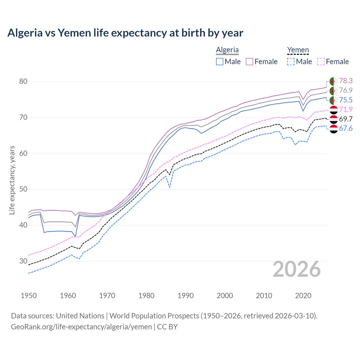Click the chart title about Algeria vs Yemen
[x=125, y=33]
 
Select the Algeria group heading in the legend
[x=227, y=50]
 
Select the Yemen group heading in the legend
[x=298, y=50]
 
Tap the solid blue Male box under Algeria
[x=220, y=62]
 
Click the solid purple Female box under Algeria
[x=249, y=62]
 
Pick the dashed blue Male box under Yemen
[x=291, y=62]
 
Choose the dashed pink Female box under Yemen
[x=321, y=62]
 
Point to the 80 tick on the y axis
[x=23, y=82]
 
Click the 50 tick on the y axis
[x=23, y=189]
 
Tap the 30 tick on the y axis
[x=23, y=261]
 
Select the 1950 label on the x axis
[x=29, y=296]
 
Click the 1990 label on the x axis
[x=186, y=296]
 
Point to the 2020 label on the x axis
[x=303, y=296]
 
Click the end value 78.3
[x=346, y=81]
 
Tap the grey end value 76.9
[x=346, y=91]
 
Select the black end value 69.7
[x=346, y=119]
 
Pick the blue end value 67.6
[x=346, y=129]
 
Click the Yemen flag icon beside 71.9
[x=334, y=110]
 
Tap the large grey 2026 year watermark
[x=297, y=269]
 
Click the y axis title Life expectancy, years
[x=12, y=180]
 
